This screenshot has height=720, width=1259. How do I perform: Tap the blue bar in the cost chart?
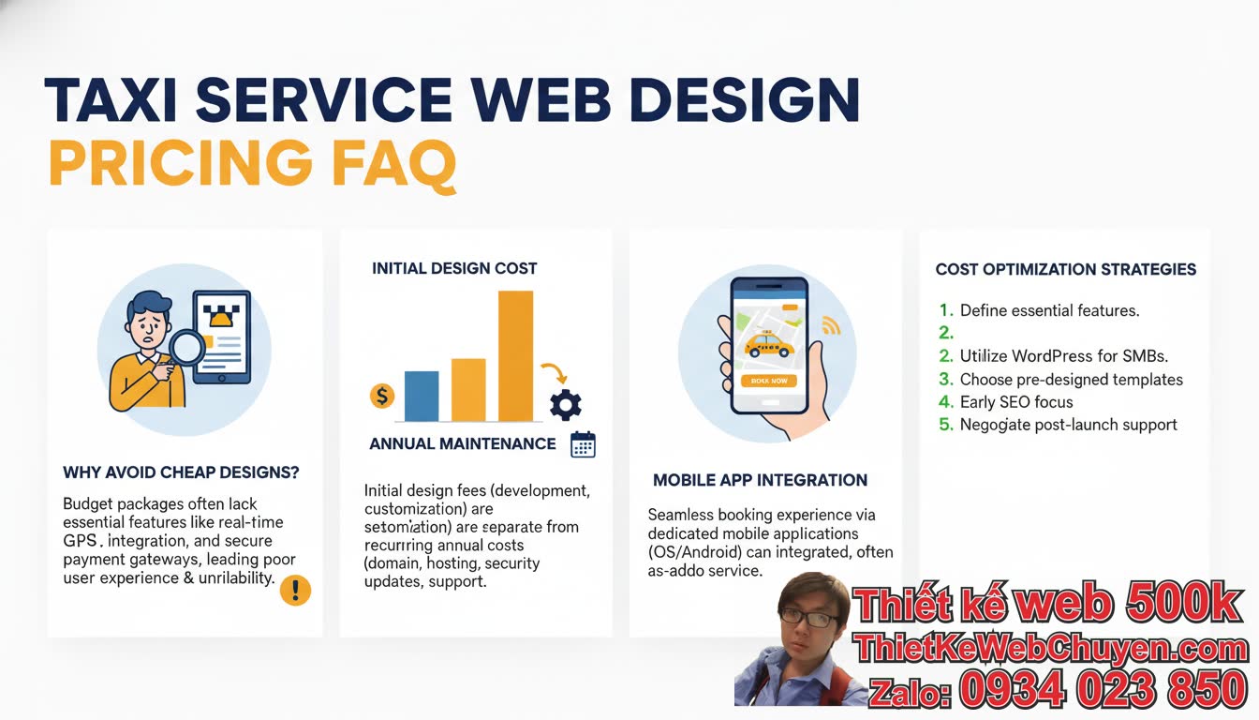(422, 396)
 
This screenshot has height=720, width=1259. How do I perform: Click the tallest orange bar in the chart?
(515, 356)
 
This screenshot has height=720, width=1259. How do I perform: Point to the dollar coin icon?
(382, 396)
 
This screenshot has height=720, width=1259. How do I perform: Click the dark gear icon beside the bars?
(565, 404)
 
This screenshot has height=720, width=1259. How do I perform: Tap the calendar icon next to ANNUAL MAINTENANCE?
(583, 443)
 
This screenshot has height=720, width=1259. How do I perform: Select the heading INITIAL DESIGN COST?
(454, 268)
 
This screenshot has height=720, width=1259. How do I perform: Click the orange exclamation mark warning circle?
(295, 590)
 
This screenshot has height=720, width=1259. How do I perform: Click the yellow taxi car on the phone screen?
(769, 346)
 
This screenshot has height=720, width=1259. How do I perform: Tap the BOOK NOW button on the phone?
(769, 381)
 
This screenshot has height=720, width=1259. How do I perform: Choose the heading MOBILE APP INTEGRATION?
(760, 480)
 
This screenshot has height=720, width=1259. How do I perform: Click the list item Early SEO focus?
(1016, 402)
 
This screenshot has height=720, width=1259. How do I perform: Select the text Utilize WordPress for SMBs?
(1063, 356)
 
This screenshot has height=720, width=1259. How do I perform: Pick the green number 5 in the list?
(945, 425)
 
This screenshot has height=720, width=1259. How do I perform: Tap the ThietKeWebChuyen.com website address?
(1050, 649)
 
